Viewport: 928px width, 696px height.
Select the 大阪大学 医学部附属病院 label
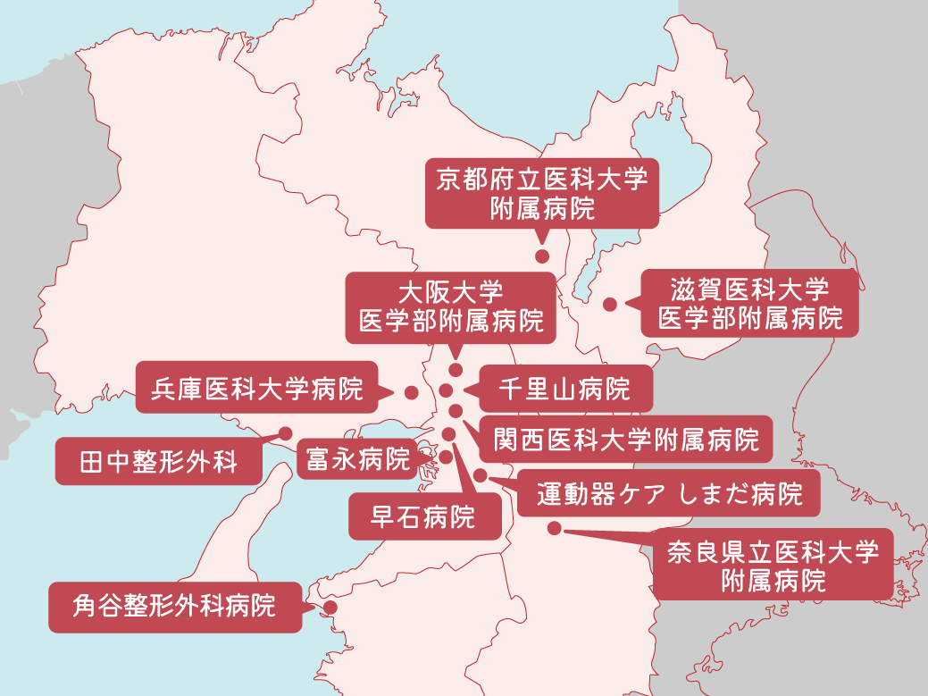pyautogui.click(x=451, y=306)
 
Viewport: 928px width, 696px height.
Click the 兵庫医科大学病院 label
pyautogui.click(x=257, y=389)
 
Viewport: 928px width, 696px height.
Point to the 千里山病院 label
pyautogui.click(x=564, y=390)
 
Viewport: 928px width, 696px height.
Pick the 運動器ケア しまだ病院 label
pyautogui.click(x=668, y=493)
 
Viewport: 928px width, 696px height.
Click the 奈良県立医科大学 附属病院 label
pyautogui.click(x=773, y=565)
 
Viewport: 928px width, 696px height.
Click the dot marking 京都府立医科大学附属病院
pyautogui.click(x=541, y=256)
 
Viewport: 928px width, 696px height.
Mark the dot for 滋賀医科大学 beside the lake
pyautogui.click(x=610, y=304)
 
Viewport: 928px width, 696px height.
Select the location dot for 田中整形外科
pyautogui.click(x=286, y=432)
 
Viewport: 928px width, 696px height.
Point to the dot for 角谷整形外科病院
pyautogui.click(x=330, y=608)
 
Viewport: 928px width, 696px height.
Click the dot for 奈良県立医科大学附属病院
pyautogui.click(x=555, y=528)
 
